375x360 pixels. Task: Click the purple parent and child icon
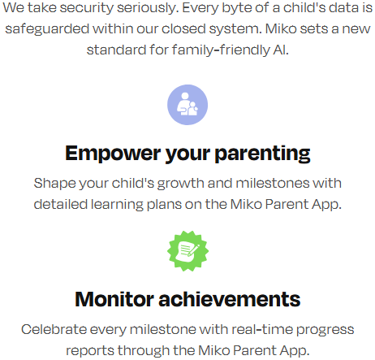(x=187, y=105)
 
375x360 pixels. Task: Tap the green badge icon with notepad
(x=187, y=251)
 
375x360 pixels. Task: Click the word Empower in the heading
(x=113, y=154)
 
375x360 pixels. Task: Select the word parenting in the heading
(x=262, y=154)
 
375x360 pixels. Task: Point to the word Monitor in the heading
(x=114, y=299)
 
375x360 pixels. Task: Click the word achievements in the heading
(x=230, y=299)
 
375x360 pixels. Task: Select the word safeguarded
(x=47, y=29)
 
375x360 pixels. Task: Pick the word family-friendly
(x=220, y=50)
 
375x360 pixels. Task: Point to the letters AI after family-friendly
(x=281, y=50)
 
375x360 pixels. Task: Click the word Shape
(x=55, y=184)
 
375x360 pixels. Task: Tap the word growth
(x=181, y=184)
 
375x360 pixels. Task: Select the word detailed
(x=61, y=204)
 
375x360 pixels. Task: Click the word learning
(x=117, y=205)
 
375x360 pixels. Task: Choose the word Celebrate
(x=54, y=330)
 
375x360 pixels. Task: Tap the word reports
(x=90, y=351)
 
